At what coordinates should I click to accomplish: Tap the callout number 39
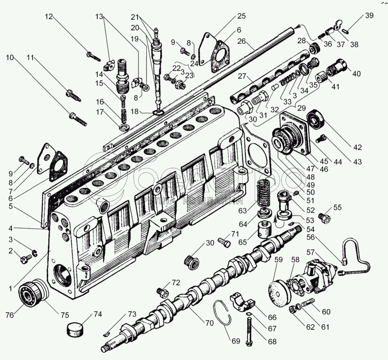click(369, 16)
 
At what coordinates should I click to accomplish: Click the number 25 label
click(241, 16)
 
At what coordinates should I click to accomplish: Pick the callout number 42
click(358, 147)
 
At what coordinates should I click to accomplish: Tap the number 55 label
click(337, 208)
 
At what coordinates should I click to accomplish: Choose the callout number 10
click(10, 57)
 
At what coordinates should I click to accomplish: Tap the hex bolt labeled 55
click(324, 216)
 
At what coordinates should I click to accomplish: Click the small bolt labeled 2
click(27, 258)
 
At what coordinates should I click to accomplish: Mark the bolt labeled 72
click(163, 292)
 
